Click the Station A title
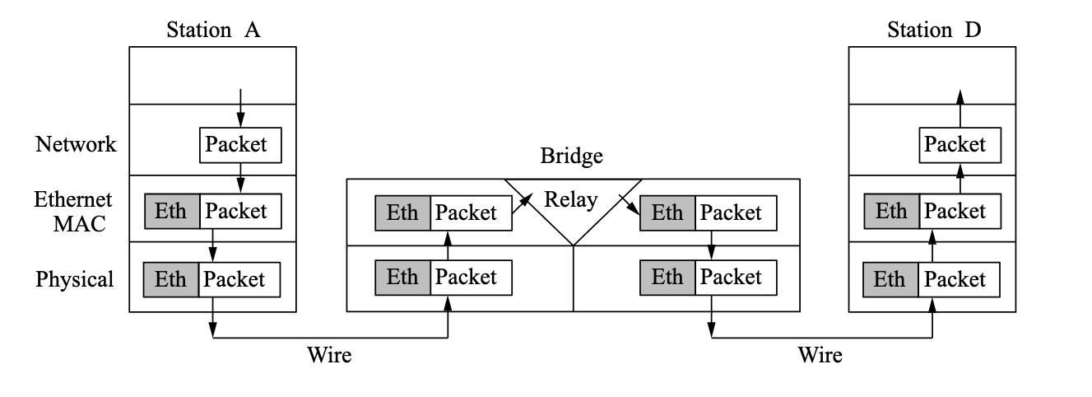[x=213, y=31]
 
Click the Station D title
[x=933, y=31]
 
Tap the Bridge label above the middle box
[x=572, y=156]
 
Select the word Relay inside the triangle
[x=572, y=199]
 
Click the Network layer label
[x=76, y=145]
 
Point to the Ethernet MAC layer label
[x=73, y=212]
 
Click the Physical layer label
[x=74, y=279]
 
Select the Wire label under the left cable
[x=329, y=355]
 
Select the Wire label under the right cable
[x=820, y=355]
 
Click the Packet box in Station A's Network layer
[x=240, y=145]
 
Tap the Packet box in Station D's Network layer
[x=960, y=145]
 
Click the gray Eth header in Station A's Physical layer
[x=171, y=279]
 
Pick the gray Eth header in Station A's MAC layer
[x=171, y=212]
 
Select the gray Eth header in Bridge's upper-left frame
[x=402, y=213]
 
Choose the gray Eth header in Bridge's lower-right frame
[x=667, y=278]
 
